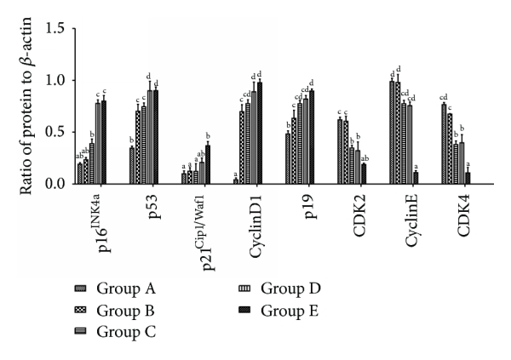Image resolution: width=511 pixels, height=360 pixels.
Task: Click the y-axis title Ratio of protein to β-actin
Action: coord(26,105)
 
